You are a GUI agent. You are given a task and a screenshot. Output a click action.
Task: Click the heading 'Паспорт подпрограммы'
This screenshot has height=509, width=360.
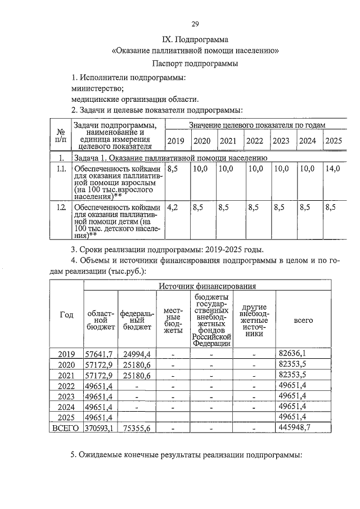pos(195,64)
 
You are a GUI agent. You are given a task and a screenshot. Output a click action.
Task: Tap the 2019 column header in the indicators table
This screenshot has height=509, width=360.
pos(176,141)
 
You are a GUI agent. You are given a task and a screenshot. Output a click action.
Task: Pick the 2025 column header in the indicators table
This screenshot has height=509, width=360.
pos(334,141)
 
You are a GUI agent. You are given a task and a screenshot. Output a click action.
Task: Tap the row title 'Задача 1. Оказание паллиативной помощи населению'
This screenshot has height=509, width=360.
pos(169,157)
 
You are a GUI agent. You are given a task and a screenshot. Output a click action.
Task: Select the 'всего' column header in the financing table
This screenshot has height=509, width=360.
pos(304,320)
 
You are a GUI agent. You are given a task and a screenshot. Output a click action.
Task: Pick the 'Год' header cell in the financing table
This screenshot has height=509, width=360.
pos(67,315)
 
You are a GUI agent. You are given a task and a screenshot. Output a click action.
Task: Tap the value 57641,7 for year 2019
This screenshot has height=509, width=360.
pos(99,354)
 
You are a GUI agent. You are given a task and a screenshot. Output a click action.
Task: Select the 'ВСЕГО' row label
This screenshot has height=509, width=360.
pos(66,428)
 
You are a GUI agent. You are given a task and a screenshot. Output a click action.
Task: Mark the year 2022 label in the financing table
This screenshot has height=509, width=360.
pos(66,386)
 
